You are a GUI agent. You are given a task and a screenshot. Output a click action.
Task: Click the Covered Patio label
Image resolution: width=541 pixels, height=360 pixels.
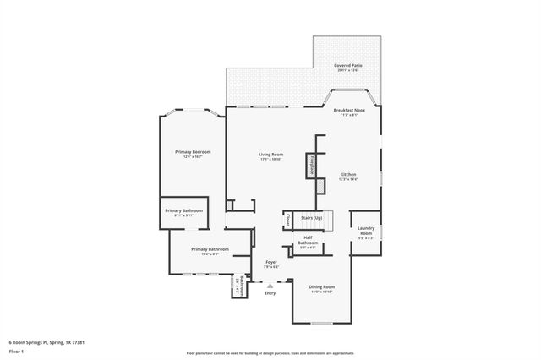coord(347,65)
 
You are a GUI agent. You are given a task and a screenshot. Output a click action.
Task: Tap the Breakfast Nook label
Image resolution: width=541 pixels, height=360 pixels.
coord(349,111)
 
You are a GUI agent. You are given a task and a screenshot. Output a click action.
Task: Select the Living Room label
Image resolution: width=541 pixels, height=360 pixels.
coord(270,155)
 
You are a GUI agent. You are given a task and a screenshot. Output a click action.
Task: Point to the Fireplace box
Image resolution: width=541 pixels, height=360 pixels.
coord(312,166)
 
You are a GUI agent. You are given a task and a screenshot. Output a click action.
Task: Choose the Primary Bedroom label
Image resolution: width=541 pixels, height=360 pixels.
coord(193,152)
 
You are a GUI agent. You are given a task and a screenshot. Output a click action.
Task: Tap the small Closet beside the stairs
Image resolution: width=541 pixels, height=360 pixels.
coord(288,219)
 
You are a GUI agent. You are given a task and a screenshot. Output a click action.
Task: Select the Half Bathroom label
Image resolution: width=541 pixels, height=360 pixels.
coord(308,243)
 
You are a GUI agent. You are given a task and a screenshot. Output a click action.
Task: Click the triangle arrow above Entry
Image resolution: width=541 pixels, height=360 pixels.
coord(270,286)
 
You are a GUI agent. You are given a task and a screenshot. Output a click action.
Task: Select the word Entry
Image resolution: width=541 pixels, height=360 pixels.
coord(270,293)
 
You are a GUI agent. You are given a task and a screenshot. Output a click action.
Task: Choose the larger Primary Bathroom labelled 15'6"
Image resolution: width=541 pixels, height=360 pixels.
coord(210,249)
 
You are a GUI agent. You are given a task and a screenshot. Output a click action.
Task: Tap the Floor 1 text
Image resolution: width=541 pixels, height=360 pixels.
coord(18,351)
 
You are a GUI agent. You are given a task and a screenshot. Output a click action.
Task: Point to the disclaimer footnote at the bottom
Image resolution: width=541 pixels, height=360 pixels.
coord(270,353)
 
